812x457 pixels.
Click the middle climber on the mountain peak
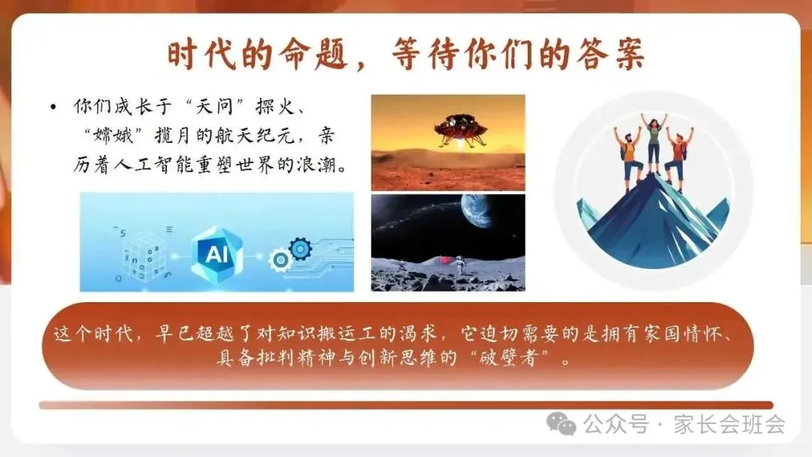tap(653, 143)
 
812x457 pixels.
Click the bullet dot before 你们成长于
tap(52, 108)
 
